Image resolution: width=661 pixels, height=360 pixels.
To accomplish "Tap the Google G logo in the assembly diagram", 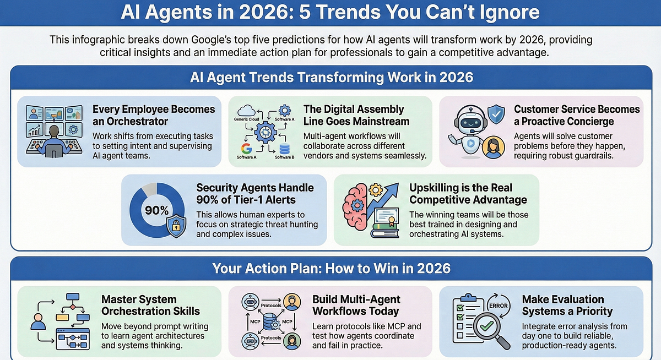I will [246, 148].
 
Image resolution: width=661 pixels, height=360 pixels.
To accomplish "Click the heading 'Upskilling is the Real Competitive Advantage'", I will [468, 193].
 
